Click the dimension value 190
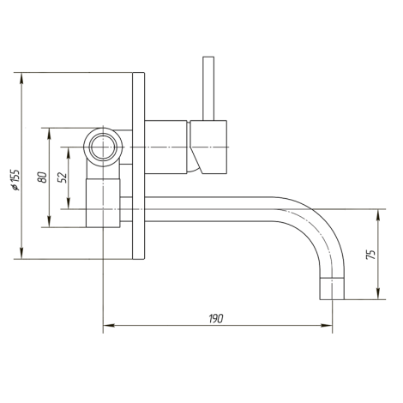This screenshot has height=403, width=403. pyautogui.click(x=216, y=318)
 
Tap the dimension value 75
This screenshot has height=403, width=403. pyautogui.click(x=370, y=254)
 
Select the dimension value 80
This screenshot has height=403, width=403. pyautogui.click(x=42, y=177)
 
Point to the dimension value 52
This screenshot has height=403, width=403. pyautogui.click(x=63, y=177)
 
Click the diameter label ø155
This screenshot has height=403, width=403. pyautogui.click(x=15, y=180)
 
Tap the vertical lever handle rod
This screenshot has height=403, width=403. pyautogui.click(x=208, y=88)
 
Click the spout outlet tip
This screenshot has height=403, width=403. pyautogui.click(x=332, y=289)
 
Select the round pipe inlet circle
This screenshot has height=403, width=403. pyautogui.click(x=103, y=147)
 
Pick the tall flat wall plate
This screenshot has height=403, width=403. pyautogui.click(x=139, y=165)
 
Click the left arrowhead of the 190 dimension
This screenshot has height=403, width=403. pyautogui.click(x=109, y=325)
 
